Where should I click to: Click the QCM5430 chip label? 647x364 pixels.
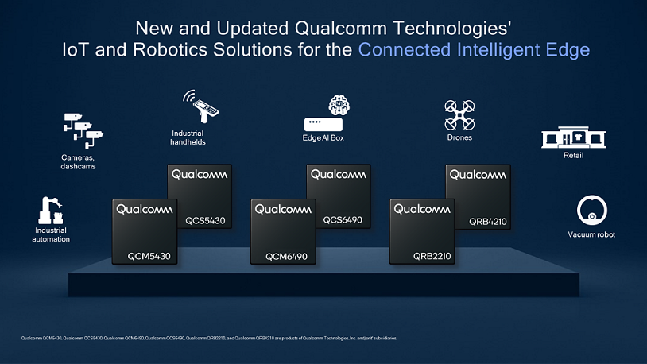150,256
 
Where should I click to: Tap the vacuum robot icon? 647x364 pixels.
591,210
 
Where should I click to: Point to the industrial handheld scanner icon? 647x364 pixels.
200,106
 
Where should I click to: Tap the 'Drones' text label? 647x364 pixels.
459,138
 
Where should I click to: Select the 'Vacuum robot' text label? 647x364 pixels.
591,234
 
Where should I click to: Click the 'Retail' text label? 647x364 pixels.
573,155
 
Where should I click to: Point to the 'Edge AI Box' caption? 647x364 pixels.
323,138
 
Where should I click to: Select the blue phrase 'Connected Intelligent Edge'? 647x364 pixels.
474,49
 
